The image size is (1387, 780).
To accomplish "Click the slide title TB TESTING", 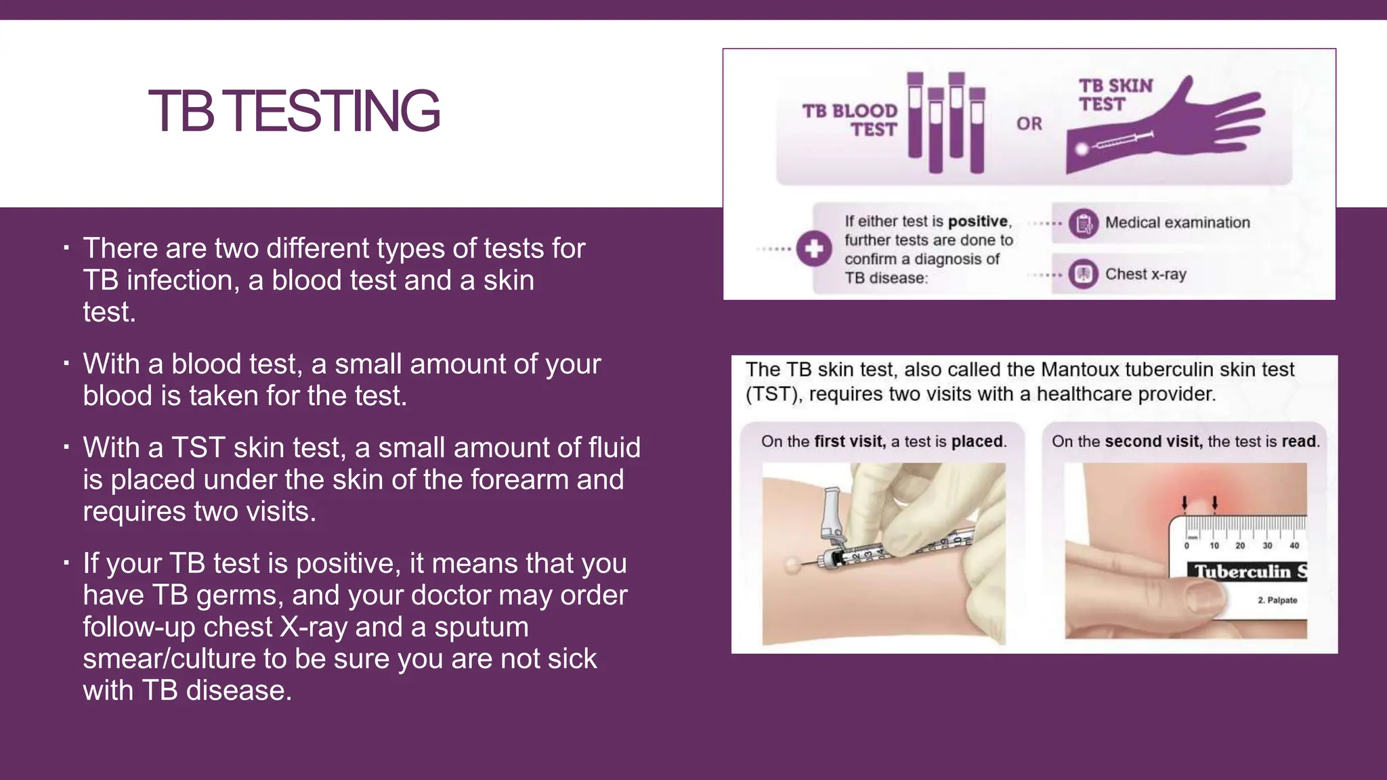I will click(x=294, y=110).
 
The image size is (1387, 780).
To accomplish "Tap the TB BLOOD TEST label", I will click(x=850, y=120).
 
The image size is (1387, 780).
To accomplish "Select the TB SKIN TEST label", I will click(x=1115, y=95).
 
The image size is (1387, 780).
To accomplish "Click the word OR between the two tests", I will click(x=1029, y=124).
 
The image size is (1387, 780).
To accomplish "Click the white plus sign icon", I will click(x=813, y=248).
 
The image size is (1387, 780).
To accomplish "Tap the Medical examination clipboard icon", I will click(x=1084, y=223).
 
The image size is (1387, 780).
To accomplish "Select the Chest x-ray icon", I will click(x=1084, y=274).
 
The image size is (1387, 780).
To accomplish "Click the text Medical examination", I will click(x=1177, y=223).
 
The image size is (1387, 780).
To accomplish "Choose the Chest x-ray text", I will click(x=1145, y=274).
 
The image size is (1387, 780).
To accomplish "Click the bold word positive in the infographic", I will click(x=978, y=221).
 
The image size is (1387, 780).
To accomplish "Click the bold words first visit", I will click(x=849, y=441).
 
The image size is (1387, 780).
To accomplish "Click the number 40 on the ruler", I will click(x=1294, y=546).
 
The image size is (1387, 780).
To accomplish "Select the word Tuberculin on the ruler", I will click(x=1242, y=572).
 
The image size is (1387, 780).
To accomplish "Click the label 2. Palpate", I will click(x=1277, y=601).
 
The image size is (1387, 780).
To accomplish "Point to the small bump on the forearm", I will click(x=792, y=563).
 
